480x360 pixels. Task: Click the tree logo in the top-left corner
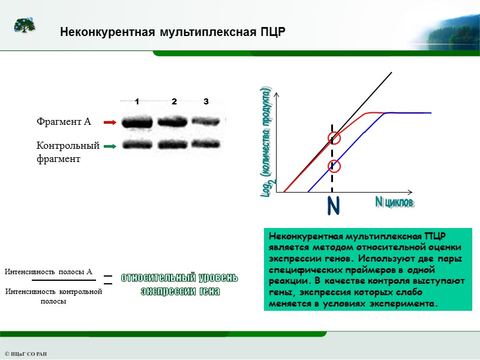pyautogui.click(x=25, y=25)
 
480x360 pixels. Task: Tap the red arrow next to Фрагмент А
pyautogui.click(x=109, y=122)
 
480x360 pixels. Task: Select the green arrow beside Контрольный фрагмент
pyautogui.click(x=109, y=145)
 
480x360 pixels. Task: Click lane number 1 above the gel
pyautogui.click(x=137, y=101)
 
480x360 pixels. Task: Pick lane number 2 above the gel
pyautogui.click(x=174, y=101)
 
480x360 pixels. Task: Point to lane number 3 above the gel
pyautogui.click(x=206, y=101)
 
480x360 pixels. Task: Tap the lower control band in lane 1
pyautogui.click(x=137, y=145)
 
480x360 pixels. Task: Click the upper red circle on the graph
pyautogui.click(x=334, y=139)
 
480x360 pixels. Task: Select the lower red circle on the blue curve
pyautogui.click(x=334, y=166)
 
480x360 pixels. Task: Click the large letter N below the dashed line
pyautogui.click(x=334, y=207)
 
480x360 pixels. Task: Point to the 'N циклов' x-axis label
pyautogui.click(x=394, y=203)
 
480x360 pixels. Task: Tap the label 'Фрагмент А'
pyautogui.click(x=64, y=122)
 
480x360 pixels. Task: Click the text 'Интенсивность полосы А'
pyautogui.click(x=53, y=272)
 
